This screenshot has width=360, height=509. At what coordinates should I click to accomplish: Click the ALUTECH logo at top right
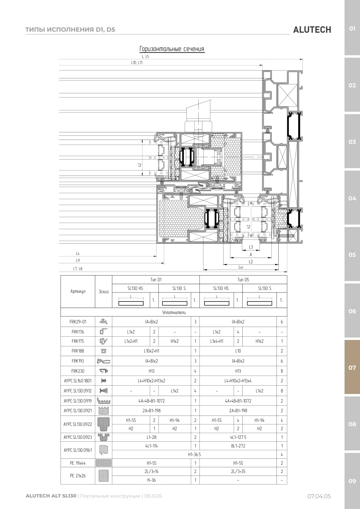click(x=312, y=30)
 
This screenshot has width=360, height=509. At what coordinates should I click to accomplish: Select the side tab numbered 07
click(x=352, y=367)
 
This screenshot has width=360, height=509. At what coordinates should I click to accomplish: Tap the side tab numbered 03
click(x=352, y=142)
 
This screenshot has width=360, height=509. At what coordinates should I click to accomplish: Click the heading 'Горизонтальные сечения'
click(x=172, y=49)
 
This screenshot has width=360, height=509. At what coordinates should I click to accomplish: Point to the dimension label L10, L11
click(x=137, y=63)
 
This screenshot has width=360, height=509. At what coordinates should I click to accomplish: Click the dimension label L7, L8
click(x=78, y=269)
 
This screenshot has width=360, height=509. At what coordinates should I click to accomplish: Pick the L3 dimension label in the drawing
click(x=251, y=247)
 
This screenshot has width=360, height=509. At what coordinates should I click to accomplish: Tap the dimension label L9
click(x=78, y=260)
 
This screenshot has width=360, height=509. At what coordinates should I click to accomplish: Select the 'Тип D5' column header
click(x=243, y=280)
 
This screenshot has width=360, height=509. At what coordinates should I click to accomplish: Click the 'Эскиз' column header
click(x=103, y=291)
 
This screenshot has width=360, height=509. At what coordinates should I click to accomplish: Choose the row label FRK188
click(x=78, y=351)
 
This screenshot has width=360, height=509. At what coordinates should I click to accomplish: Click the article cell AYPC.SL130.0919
click(x=78, y=401)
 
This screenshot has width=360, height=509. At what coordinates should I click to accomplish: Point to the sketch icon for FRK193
click(x=103, y=361)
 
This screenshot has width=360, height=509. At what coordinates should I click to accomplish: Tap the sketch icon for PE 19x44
click(x=103, y=463)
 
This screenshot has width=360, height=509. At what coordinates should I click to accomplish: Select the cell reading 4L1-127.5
click(x=238, y=437)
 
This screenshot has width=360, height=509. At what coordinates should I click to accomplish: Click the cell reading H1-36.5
click(x=194, y=454)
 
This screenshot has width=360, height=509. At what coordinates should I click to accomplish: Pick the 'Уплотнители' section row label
click(x=174, y=313)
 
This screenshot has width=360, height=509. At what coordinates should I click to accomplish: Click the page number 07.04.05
click(x=319, y=496)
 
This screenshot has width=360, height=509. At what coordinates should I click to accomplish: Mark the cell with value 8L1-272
click(x=238, y=446)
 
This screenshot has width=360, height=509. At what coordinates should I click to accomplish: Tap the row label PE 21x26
click(x=78, y=476)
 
